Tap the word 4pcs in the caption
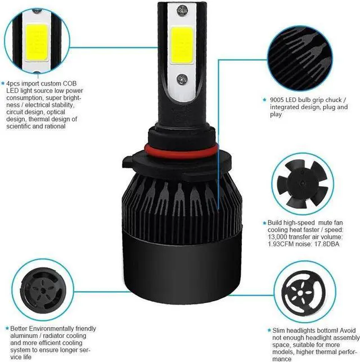point(15,83)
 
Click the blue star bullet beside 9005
point(265,100)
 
